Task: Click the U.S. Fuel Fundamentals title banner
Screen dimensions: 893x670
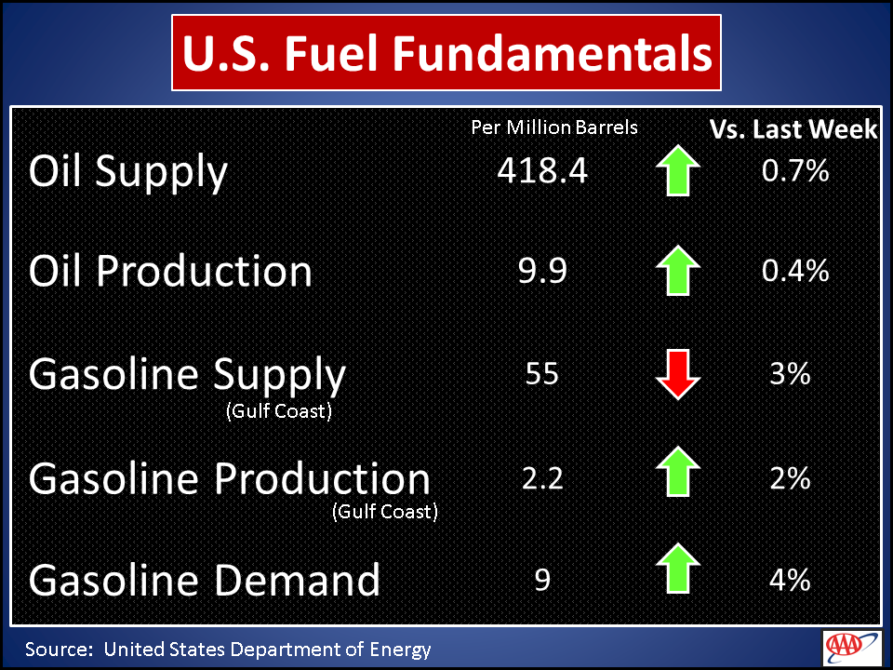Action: (x=446, y=52)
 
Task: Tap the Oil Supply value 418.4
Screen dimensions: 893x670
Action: (x=542, y=170)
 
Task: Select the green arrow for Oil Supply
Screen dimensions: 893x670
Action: (x=678, y=170)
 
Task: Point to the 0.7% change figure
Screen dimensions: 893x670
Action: (x=795, y=170)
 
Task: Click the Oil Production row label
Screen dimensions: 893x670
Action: (x=170, y=271)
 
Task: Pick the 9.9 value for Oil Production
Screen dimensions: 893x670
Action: (x=542, y=271)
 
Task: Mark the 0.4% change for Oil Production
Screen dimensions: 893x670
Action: (x=795, y=271)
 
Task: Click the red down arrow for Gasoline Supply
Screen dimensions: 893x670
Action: (x=678, y=374)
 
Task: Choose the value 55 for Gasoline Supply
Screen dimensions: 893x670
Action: (x=542, y=374)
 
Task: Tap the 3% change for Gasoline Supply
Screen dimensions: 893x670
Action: (x=790, y=374)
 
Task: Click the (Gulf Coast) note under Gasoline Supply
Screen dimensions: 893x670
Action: (x=279, y=410)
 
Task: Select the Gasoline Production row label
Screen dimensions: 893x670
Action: (x=229, y=478)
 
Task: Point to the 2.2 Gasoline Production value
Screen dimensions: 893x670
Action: (x=542, y=478)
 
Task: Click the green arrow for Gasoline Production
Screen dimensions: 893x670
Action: (x=678, y=471)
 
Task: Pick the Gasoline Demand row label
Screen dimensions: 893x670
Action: (x=204, y=580)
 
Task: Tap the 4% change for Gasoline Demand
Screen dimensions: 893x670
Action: (x=790, y=580)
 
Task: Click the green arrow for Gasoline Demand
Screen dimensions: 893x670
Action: (x=678, y=569)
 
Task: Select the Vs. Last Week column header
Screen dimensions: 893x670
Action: (x=793, y=129)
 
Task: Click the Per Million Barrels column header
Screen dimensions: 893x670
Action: (x=554, y=127)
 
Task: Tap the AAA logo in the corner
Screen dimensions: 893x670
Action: (x=852, y=648)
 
